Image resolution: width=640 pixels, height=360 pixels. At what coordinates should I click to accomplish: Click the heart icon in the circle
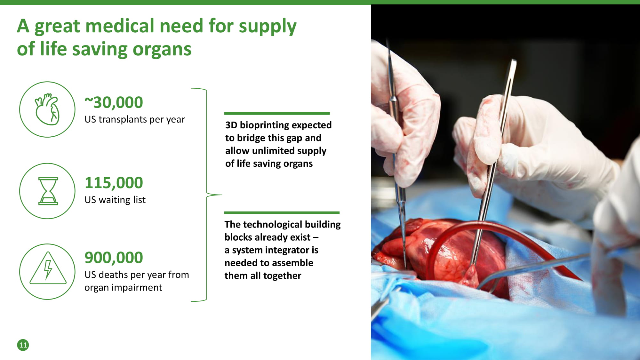point(47,109)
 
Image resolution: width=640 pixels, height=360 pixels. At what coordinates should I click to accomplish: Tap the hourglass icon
point(48,191)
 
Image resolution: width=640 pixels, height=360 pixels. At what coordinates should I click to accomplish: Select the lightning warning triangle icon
point(48,268)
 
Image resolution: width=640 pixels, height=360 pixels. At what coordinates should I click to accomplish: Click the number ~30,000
point(114,102)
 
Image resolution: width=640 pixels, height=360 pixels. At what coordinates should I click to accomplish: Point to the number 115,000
point(114,183)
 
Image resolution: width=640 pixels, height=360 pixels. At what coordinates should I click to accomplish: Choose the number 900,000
point(114,257)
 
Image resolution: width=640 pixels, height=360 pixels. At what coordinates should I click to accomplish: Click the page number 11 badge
point(23,345)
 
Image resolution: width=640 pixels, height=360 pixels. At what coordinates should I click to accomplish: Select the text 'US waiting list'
point(115,200)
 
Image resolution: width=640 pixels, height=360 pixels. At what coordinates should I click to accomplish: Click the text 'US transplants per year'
point(135,119)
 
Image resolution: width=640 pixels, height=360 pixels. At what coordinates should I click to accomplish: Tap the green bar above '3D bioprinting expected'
point(277,113)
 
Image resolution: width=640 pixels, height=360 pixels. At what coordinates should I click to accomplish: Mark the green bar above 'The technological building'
point(282,212)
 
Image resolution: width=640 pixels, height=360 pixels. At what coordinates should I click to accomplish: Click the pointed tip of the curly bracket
point(222,195)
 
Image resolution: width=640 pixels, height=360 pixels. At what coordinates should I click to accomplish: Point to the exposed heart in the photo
point(448,253)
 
